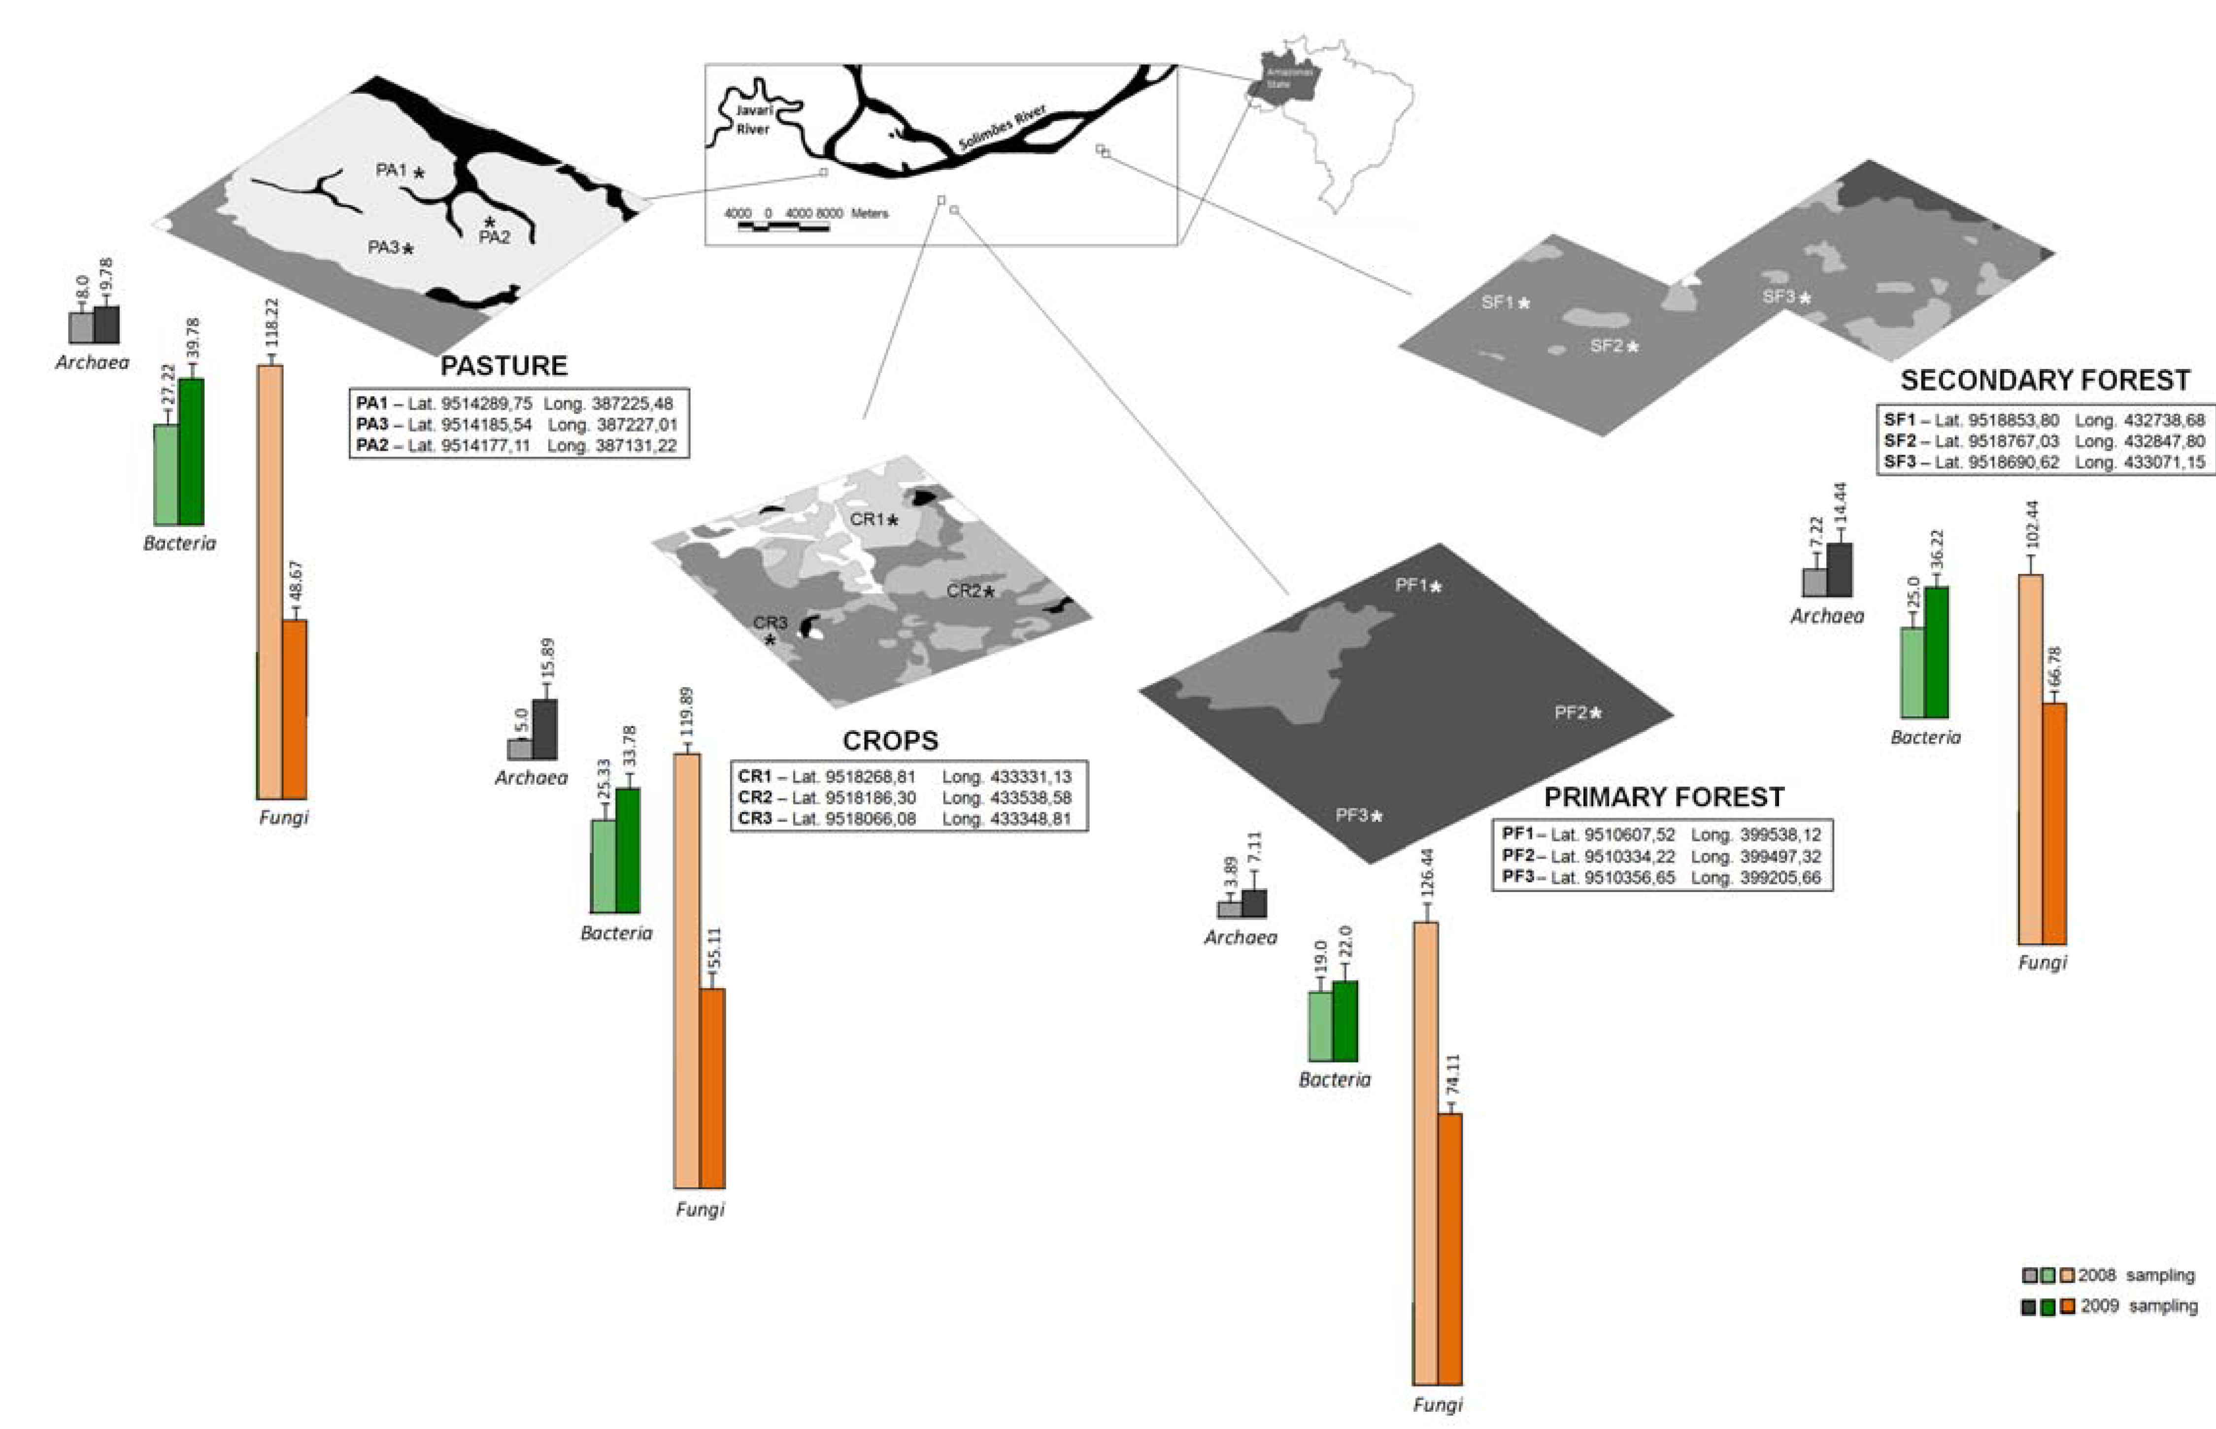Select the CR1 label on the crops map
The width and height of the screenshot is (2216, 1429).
click(867, 520)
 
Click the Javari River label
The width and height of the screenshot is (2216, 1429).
click(753, 120)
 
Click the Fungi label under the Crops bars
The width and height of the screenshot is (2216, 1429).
click(700, 1209)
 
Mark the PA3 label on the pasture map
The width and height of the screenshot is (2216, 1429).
click(383, 247)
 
